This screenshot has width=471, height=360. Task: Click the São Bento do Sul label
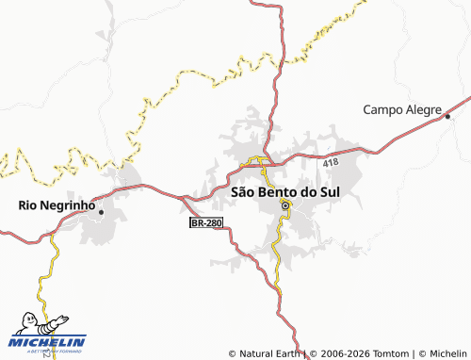tap(285, 191)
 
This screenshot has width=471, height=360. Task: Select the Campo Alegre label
tap(402, 109)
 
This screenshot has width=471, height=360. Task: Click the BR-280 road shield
tap(206, 223)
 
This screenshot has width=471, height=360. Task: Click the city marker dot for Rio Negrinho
tap(101, 212)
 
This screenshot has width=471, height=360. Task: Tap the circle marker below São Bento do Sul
tap(285, 204)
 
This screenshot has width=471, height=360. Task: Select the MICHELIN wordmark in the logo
tap(47, 342)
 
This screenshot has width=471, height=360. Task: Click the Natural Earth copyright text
tap(266, 354)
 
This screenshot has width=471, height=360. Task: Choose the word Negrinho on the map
tap(69, 204)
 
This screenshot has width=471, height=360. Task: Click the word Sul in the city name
tap(329, 191)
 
